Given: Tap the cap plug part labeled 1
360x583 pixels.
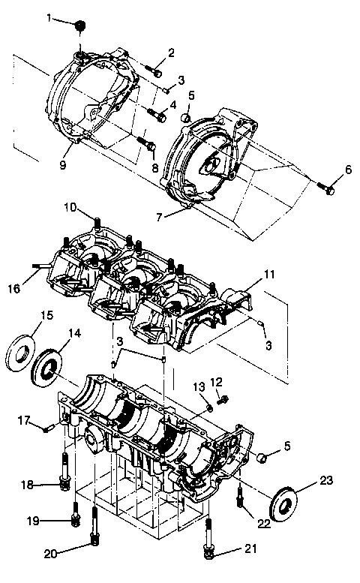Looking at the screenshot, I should pos(79,28).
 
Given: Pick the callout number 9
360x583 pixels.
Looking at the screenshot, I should pos(64,164).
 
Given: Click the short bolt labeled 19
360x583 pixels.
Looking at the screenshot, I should pos(76,518).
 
